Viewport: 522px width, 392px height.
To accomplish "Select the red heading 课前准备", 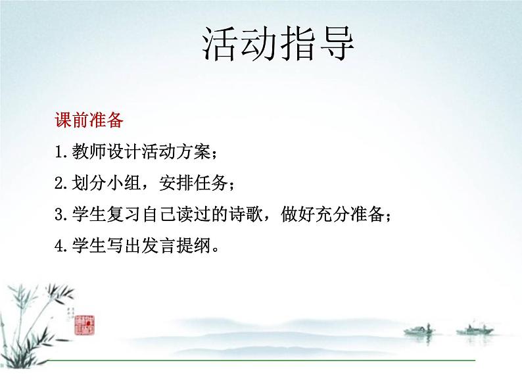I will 88,121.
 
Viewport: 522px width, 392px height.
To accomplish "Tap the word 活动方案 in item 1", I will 171,153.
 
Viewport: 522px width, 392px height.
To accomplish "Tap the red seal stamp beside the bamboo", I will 85,323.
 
